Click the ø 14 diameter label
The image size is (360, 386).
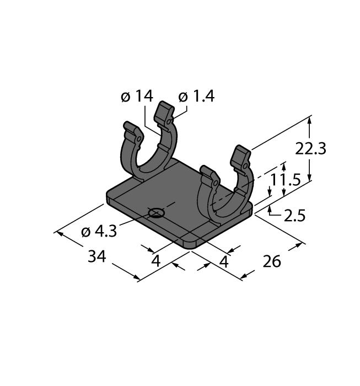pos(136,96)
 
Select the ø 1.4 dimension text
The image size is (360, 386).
pos(196,96)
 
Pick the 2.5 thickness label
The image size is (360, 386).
pos(294,216)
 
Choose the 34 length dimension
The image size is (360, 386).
pos(97,257)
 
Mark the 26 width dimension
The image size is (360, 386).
pos(272,261)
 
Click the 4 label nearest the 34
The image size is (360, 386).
pos(156,260)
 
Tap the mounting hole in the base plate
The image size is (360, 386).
pos(157,213)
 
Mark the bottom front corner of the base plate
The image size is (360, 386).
pos(190,246)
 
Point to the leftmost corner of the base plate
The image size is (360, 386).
pos(106,195)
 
